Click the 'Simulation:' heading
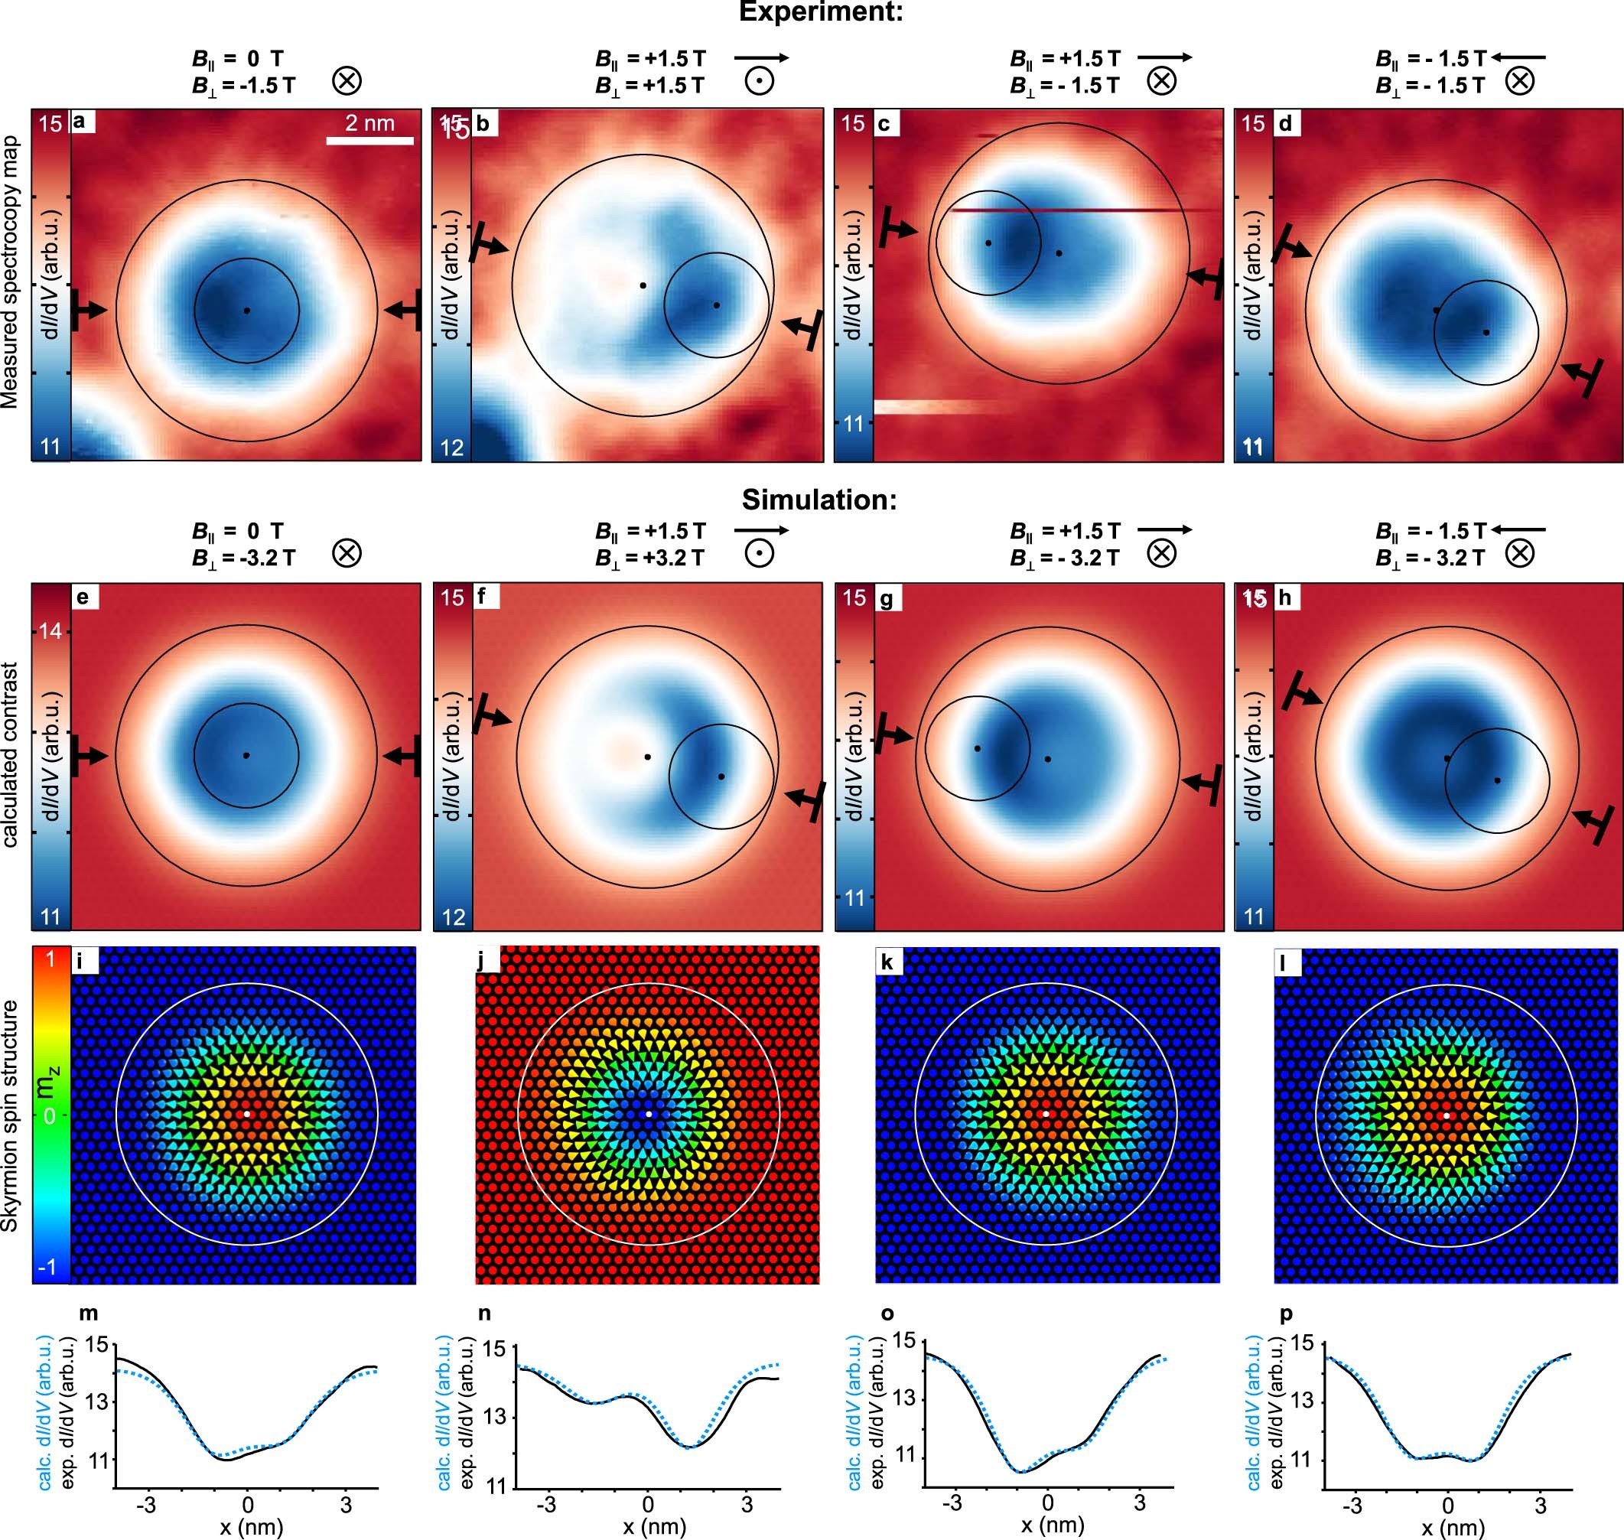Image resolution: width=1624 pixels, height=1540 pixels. click(819, 499)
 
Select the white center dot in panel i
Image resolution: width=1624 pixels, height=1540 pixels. click(246, 1114)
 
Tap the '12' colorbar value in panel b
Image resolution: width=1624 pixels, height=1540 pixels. click(452, 448)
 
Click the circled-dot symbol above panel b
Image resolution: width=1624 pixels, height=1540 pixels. click(759, 81)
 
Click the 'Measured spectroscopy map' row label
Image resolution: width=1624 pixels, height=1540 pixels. click(11, 284)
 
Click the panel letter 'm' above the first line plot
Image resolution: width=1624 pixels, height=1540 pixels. click(88, 1314)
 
